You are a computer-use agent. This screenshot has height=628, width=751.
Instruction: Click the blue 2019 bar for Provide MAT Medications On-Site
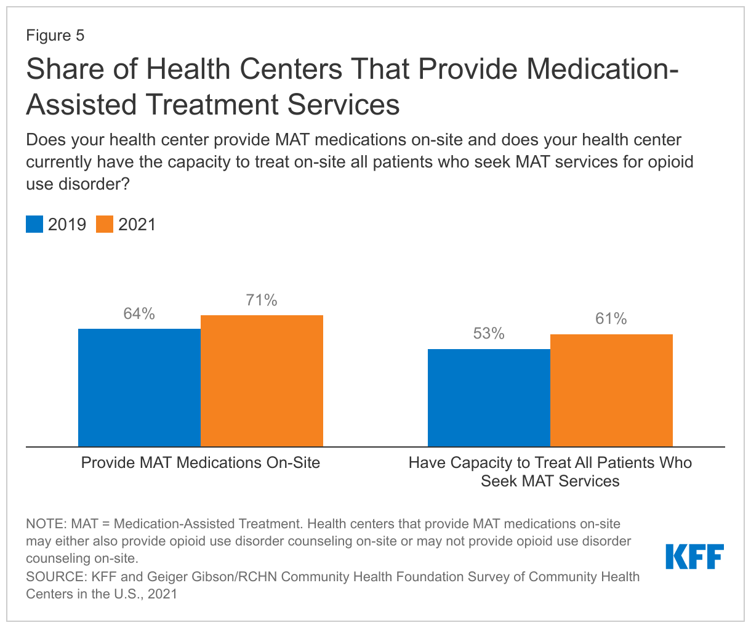[139, 387]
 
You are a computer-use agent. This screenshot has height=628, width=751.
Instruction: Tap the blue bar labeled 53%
[489, 398]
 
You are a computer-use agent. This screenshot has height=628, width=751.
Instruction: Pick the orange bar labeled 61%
[611, 390]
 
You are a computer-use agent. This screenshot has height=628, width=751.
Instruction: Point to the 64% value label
[139, 314]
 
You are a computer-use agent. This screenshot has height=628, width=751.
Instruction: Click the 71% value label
[262, 300]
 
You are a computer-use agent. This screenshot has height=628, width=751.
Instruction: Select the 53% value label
[489, 334]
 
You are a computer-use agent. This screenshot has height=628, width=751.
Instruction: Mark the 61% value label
[611, 319]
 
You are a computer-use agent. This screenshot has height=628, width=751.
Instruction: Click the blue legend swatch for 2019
[34, 224]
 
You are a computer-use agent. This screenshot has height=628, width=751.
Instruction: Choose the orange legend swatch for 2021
[105, 224]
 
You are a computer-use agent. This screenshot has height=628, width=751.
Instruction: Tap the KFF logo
[694, 557]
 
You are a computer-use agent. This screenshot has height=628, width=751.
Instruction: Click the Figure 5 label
[55, 36]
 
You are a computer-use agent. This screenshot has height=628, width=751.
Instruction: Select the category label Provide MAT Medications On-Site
[201, 462]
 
